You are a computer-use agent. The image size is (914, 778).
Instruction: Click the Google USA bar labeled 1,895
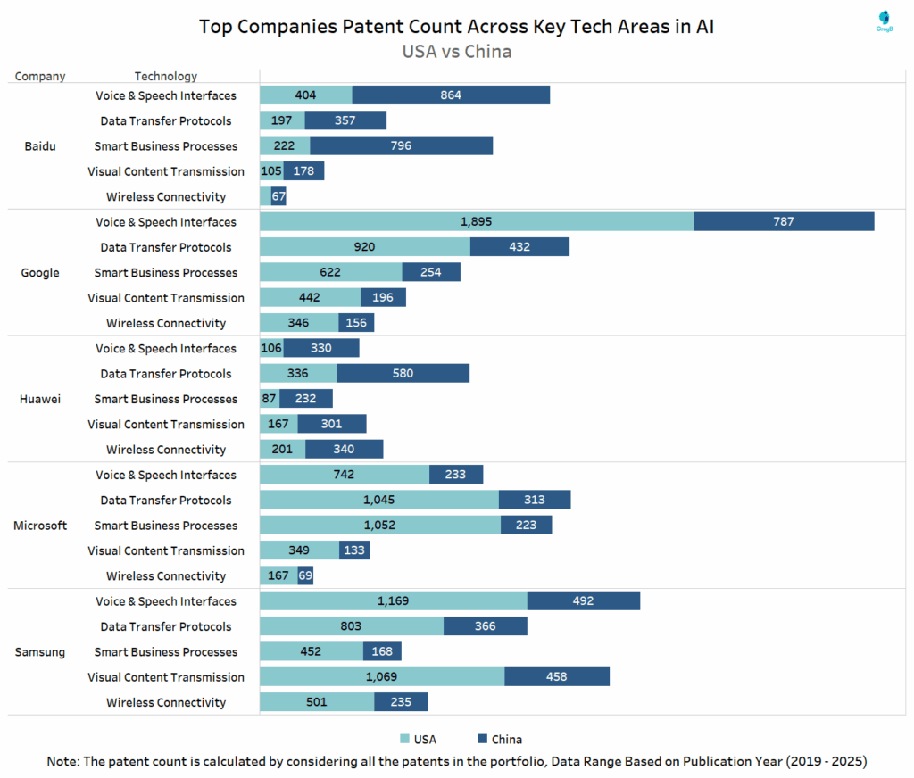coord(477,222)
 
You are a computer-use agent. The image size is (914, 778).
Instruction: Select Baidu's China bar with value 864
coord(451,95)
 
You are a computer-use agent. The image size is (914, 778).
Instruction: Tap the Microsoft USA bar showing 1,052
coord(380,526)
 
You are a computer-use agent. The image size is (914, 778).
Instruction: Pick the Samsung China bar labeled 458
coord(556,677)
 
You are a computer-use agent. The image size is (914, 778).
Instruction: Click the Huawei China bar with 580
coord(403,374)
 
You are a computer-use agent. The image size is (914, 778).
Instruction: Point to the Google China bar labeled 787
coord(784,222)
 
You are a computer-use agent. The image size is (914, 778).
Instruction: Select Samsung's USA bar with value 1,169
coord(393,601)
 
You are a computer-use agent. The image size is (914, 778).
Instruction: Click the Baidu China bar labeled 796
coord(401,146)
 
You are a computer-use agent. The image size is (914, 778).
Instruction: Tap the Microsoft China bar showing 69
coord(305,576)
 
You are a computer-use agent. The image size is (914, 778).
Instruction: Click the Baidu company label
coord(40,146)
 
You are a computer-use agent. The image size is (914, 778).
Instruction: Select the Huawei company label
coord(40,399)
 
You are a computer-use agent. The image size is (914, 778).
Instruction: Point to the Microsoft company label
coord(40,526)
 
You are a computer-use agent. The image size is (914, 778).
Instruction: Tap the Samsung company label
coord(40,652)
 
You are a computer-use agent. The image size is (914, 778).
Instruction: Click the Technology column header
coord(166,77)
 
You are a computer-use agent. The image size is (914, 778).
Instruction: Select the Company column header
coord(40,77)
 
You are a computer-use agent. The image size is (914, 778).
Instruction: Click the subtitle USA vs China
coord(457,51)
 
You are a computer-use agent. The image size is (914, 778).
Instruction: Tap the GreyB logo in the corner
coord(884,21)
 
